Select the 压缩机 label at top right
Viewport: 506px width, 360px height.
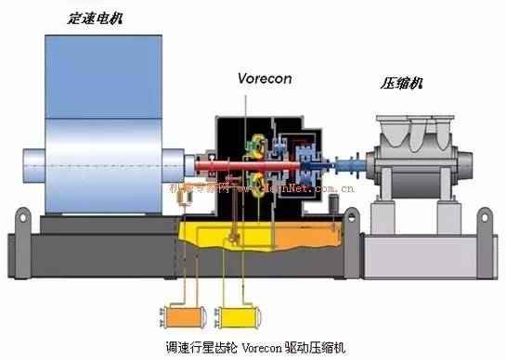tap(402, 84)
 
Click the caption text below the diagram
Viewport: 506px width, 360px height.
tap(253, 348)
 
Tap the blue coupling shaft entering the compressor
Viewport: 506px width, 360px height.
tap(357, 168)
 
